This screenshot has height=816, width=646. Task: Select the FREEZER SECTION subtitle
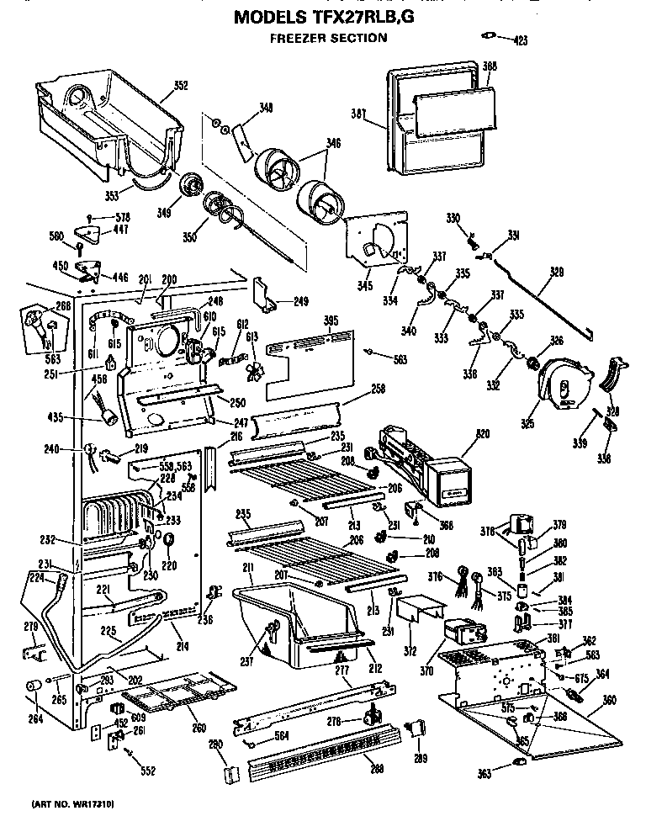328,38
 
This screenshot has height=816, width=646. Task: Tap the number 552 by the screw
148,770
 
